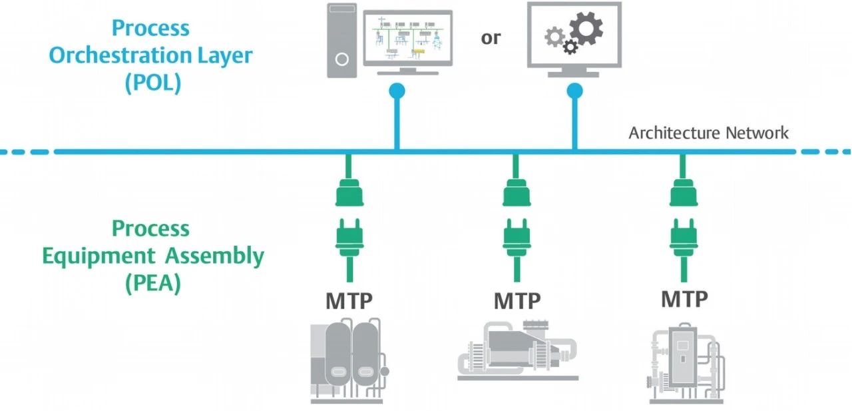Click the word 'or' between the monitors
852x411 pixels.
point(491,39)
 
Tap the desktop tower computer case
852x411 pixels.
point(342,40)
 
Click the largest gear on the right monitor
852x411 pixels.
point(586,29)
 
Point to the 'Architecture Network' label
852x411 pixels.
point(708,133)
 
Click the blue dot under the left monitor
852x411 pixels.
point(397,90)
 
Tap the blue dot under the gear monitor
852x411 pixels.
point(574,90)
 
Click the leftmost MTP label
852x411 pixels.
point(349,301)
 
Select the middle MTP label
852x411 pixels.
point(517,301)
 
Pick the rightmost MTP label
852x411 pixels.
point(684,300)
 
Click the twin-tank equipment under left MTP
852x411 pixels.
point(349,360)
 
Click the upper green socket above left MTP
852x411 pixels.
point(349,193)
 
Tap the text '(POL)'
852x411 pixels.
point(152,84)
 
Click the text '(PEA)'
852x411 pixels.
point(152,284)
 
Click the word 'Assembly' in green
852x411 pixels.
point(214,256)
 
